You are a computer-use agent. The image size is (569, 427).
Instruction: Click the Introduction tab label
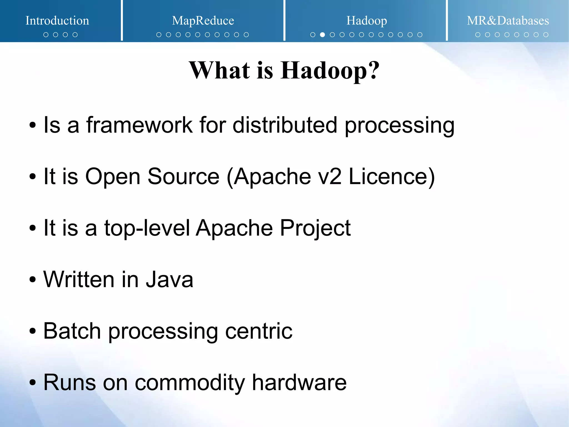point(57,21)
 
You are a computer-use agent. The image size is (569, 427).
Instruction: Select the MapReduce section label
point(203,21)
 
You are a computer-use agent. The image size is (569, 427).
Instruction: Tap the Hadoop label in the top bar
point(366,21)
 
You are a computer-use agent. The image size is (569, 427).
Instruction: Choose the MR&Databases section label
point(508,21)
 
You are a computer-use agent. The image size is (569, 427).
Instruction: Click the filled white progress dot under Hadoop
point(323,35)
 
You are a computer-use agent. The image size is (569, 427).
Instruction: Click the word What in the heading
point(219,70)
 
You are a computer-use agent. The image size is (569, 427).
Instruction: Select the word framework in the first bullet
point(139,125)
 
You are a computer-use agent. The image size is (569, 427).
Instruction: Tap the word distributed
point(285,125)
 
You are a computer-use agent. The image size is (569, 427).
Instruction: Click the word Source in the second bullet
point(183,177)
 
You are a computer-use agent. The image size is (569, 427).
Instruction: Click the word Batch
point(72,331)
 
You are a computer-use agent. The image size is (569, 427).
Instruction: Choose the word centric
point(259,331)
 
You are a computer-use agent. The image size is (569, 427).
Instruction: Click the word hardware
point(299,382)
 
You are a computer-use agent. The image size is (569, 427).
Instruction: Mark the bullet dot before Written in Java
point(33,280)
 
